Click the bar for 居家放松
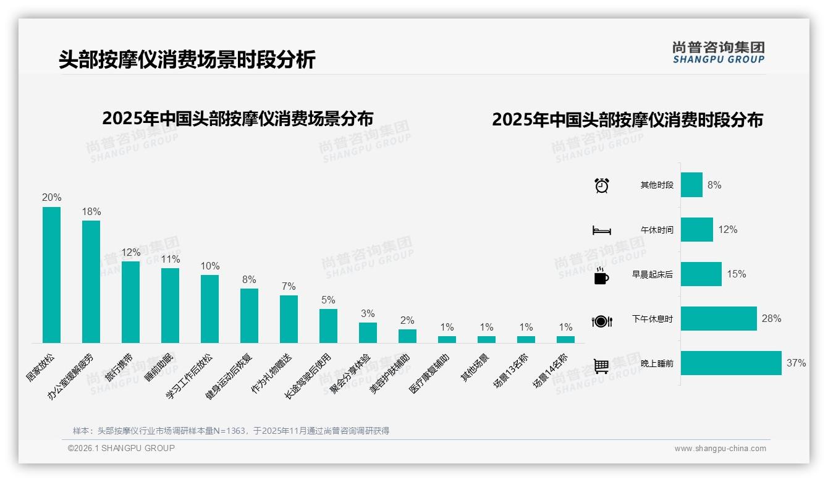(x=51, y=275)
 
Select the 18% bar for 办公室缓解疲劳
(x=91, y=282)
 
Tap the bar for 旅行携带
(x=130, y=302)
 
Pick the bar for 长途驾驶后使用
(x=328, y=326)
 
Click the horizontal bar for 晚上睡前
(x=731, y=363)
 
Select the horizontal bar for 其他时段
(x=691, y=185)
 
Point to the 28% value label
(x=771, y=319)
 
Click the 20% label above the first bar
(x=51, y=198)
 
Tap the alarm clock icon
(x=601, y=185)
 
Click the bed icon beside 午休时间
(x=601, y=230)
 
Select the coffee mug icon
(x=601, y=276)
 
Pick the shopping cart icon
(x=601, y=366)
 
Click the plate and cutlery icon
(x=601, y=321)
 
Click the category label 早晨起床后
(x=652, y=274)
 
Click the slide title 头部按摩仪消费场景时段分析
(x=187, y=59)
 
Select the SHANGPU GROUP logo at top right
(x=718, y=52)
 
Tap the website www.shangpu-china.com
(x=720, y=449)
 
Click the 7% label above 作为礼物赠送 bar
(x=289, y=287)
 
